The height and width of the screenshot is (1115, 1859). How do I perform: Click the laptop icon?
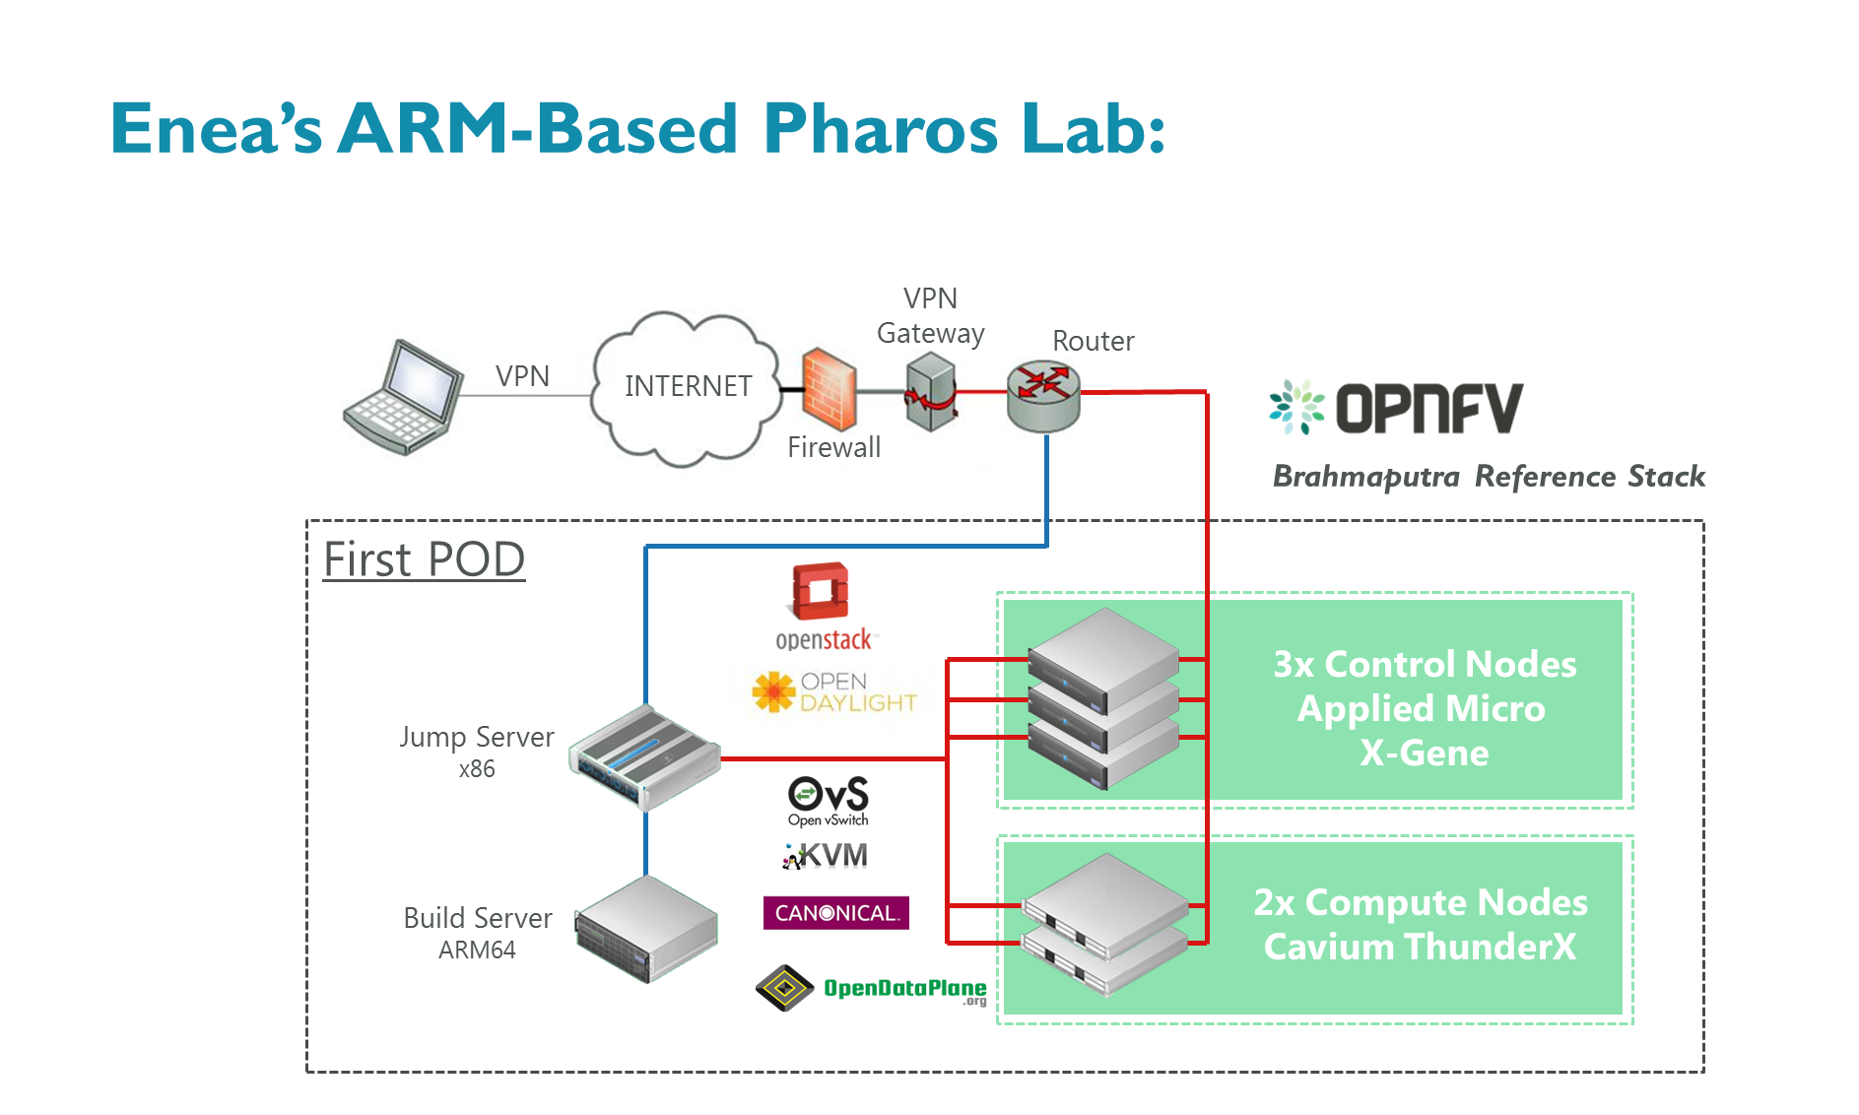(404, 396)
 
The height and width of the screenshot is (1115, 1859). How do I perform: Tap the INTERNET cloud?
(688, 387)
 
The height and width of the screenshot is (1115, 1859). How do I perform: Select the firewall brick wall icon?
(829, 389)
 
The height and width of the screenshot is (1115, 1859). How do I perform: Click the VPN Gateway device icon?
(931, 392)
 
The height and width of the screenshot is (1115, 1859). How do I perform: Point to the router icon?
(1043, 395)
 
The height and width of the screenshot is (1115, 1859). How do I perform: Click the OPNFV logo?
(1397, 408)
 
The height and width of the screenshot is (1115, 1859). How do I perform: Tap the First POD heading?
(425, 559)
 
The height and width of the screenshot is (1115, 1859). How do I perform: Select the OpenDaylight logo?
(834, 692)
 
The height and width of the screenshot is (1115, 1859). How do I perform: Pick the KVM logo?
(826, 855)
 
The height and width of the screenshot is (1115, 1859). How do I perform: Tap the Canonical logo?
(835, 913)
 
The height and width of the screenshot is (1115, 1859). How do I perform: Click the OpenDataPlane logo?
(872, 988)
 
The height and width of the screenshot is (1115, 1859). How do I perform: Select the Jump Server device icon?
(645, 756)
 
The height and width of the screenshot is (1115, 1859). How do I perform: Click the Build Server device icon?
(647, 929)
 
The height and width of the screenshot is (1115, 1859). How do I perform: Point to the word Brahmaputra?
(1366, 477)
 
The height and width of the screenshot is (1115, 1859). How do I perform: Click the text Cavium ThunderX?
(1420, 947)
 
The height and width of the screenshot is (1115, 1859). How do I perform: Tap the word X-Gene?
(1424, 754)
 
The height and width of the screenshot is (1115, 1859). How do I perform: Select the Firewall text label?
(834, 447)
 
